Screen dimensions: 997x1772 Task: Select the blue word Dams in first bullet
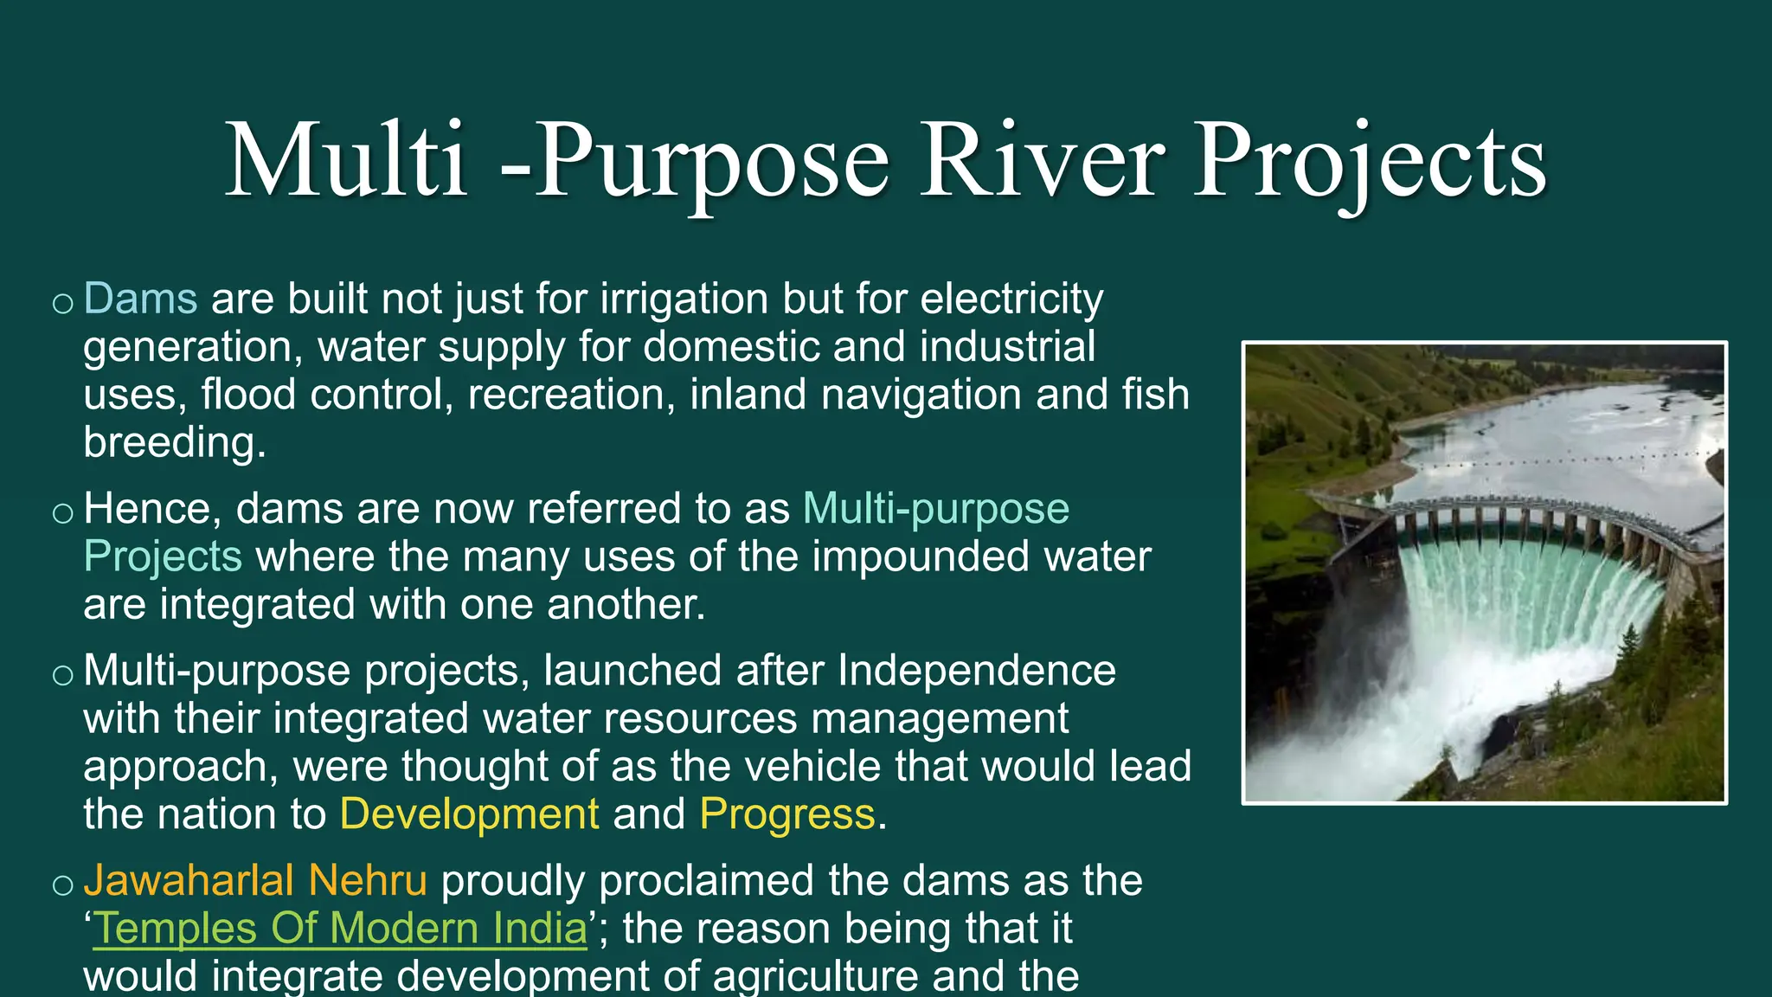(141, 299)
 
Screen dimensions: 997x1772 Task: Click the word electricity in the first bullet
(1011, 299)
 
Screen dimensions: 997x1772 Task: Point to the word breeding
(174, 442)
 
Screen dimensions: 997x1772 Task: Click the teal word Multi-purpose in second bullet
(936, 508)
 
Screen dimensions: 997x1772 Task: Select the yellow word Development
(469, 814)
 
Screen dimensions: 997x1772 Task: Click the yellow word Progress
(786, 814)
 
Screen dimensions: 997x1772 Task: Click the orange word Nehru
(368, 880)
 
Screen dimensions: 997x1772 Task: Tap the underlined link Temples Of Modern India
(340, 929)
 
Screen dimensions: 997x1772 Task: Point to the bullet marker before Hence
(62, 512)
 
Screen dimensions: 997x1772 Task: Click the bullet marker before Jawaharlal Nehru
(62, 884)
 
